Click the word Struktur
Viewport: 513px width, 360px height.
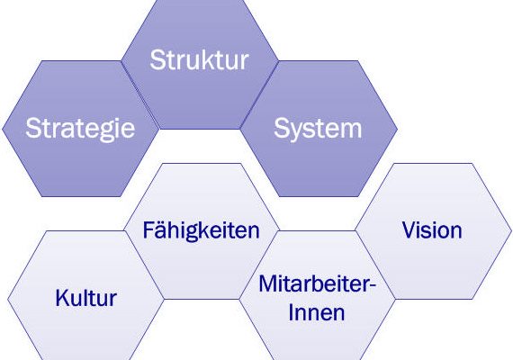[x=199, y=59]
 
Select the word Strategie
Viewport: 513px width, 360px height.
[x=80, y=130]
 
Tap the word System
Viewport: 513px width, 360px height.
[x=318, y=130]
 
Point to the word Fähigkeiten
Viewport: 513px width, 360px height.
[x=202, y=231]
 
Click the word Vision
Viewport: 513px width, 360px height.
[x=432, y=230]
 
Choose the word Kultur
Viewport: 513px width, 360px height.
[x=86, y=298]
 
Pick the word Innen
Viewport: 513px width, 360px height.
[x=317, y=312]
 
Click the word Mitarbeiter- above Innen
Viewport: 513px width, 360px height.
[x=318, y=283]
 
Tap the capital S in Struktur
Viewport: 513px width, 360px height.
[x=157, y=59]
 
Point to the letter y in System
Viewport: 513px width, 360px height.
[x=295, y=133]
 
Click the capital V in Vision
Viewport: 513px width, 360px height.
[x=409, y=230]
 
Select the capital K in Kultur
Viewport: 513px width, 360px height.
[x=63, y=298]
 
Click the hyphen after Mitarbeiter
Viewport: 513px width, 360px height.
[x=373, y=285]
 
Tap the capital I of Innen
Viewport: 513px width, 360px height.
[x=291, y=312]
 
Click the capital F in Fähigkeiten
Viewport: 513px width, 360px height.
[x=148, y=230]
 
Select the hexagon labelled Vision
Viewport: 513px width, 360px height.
[x=434, y=231]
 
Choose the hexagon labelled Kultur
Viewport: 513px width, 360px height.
[x=85, y=295]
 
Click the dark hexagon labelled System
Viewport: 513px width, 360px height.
[x=319, y=129]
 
